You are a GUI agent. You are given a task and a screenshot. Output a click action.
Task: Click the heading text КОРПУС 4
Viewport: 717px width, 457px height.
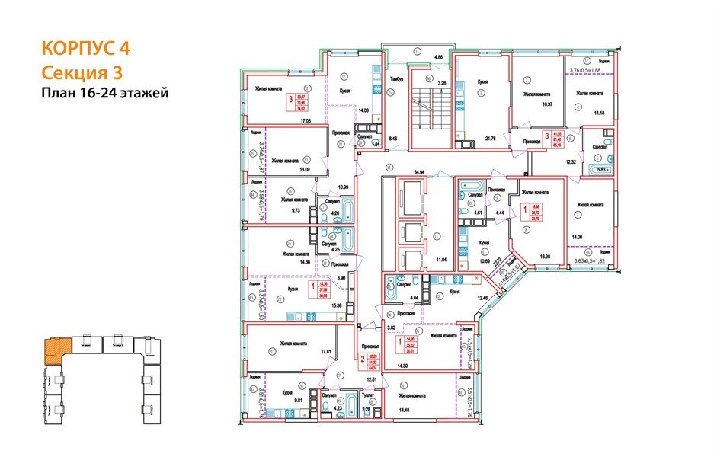pyautogui.click(x=84, y=48)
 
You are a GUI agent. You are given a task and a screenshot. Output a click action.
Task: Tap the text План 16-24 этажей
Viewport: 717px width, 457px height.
pyautogui.click(x=104, y=93)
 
